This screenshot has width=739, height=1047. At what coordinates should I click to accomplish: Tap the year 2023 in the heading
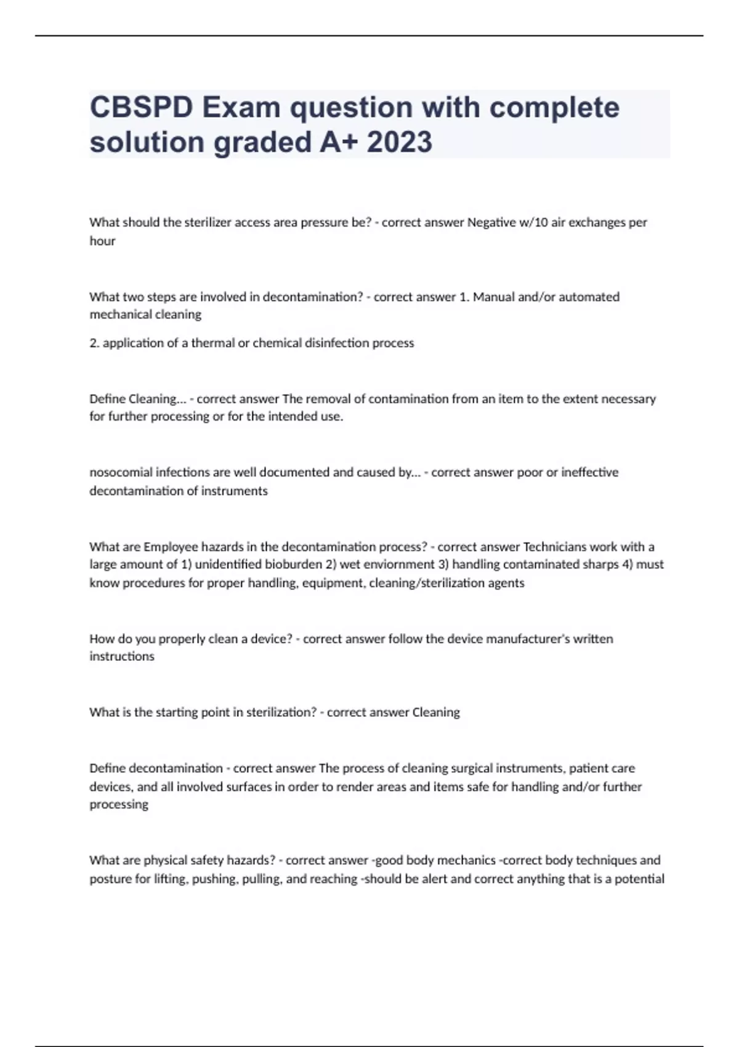[x=400, y=142]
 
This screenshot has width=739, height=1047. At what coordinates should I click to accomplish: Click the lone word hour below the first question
[x=102, y=241]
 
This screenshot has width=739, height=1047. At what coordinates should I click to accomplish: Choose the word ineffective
[x=589, y=472]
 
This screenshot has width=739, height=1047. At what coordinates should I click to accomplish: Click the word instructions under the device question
[x=122, y=657]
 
